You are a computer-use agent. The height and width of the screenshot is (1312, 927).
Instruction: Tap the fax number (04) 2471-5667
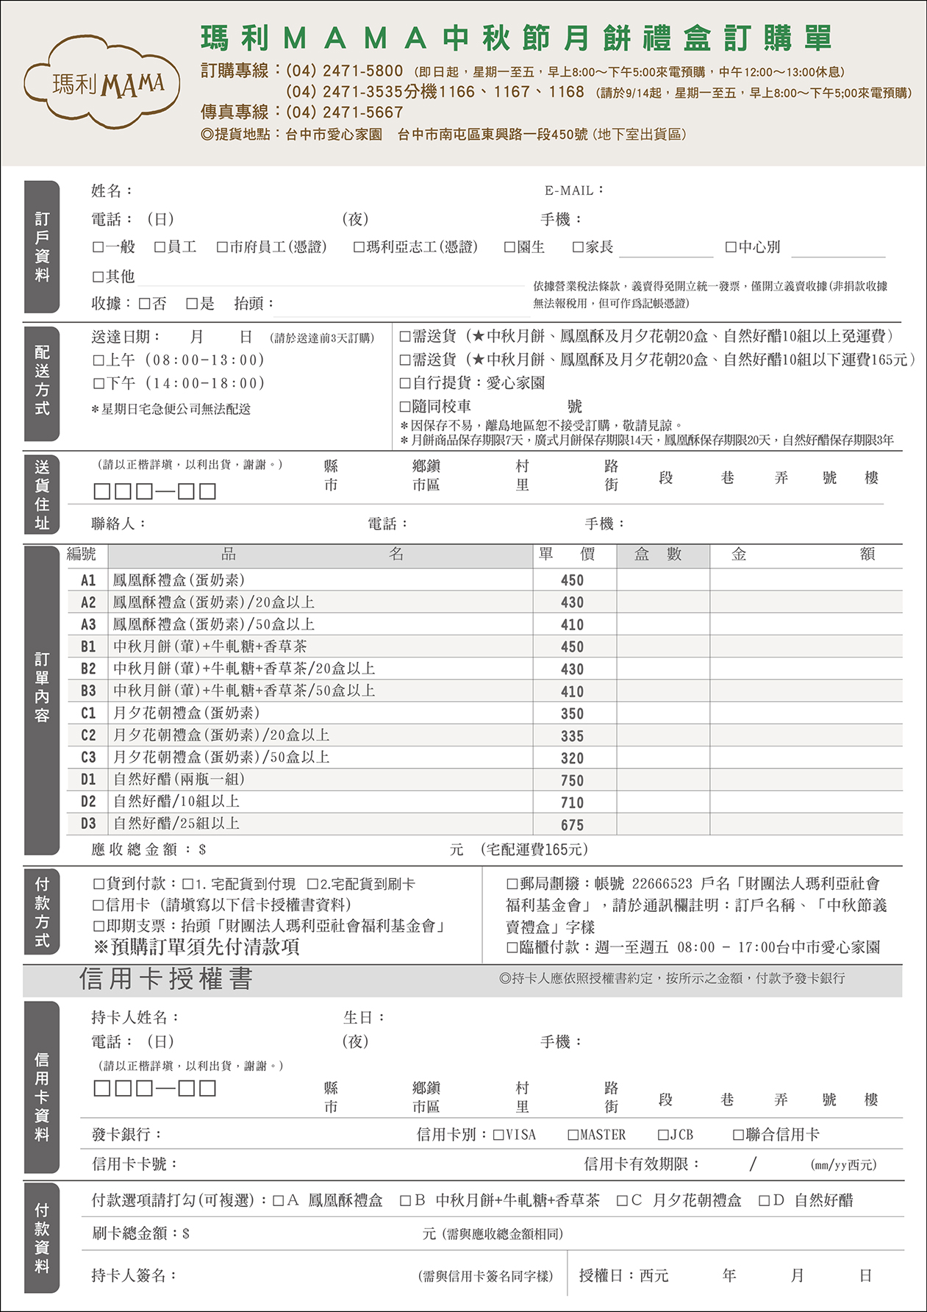(x=344, y=113)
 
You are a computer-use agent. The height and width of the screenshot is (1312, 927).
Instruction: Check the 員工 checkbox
(x=160, y=247)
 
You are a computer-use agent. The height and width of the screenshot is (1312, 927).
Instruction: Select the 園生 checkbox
(x=509, y=247)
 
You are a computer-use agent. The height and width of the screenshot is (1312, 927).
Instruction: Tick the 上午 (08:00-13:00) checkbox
(x=99, y=360)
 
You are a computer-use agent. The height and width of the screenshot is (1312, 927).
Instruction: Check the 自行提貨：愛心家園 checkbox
(x=404, y=383)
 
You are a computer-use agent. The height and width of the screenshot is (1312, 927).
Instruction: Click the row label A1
(x=88, y=580)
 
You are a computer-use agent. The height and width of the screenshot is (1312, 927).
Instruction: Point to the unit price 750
(x=572, y=780)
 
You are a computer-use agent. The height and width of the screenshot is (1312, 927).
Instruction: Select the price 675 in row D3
(x=572, y=825)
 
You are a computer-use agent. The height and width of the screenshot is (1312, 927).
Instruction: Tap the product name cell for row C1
(x=187, y=713)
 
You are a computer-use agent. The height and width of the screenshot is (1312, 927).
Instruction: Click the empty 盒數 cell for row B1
(x=662, y=647)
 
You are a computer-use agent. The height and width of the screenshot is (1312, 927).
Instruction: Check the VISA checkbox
(x=498, y=1135)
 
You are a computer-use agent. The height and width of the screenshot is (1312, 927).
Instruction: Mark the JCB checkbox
(x=663, y=1135)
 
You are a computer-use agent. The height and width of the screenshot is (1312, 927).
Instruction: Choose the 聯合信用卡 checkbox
(x=738, y=1135)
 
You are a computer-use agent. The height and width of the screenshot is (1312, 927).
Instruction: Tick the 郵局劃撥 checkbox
(x=512, y=884)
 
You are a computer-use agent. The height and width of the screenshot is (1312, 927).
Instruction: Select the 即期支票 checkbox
(x=99, y=926)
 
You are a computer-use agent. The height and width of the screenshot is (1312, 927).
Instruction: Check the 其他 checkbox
(x=99, y=277)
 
